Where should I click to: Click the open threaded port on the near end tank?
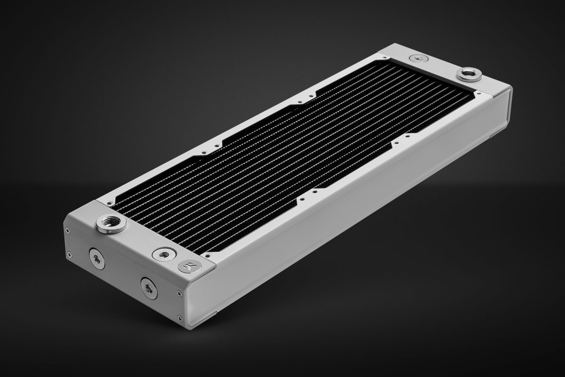coord(111,223)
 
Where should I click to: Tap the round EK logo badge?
coord(189,267)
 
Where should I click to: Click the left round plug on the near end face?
coord(97,259)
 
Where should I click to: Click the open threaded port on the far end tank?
coord(467,74)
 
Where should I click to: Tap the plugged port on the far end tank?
coord(417,58)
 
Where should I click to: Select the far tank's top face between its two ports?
coord(440,66)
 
